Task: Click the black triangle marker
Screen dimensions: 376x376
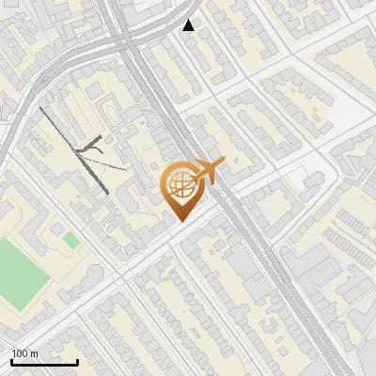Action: click(x=189, y=25)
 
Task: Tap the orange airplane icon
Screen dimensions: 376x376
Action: click(x=209, y=170)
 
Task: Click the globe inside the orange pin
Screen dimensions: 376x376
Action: click(x=179, y=185)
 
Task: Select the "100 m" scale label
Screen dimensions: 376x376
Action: click(x=26, y=353)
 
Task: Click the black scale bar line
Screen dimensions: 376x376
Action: click(x=44, y=362)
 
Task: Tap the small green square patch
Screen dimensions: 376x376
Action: click(x=71, y=241)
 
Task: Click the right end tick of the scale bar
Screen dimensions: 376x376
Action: click(x=77, y=360)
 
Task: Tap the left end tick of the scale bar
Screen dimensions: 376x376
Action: click(x=11, y=360)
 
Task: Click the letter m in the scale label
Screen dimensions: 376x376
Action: click(x=36, y=353)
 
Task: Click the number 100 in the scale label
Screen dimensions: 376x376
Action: click(x=21, y=353)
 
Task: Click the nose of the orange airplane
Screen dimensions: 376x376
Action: click(x=224, y=164)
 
